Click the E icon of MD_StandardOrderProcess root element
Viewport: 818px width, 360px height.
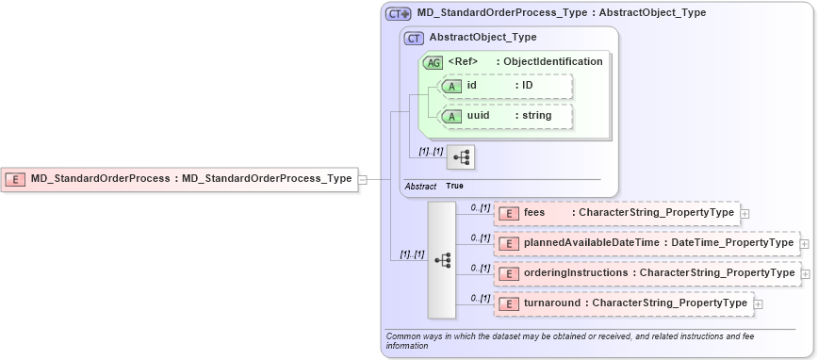(15, 178)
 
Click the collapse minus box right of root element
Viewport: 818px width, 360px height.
(363, 178)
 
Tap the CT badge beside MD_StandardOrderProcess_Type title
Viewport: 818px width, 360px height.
(398, 13)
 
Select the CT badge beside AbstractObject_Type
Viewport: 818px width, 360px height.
(414, 38)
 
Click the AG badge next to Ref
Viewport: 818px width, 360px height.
(434, 62)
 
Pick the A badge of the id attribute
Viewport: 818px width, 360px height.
(452, 86)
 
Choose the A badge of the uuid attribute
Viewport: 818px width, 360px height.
(452, 116)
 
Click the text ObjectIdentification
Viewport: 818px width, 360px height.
(553, 62)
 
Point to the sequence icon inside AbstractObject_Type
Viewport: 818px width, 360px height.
(461, 156)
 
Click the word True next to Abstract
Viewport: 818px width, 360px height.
(455, 187)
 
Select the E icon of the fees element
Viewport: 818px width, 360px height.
(508, 213)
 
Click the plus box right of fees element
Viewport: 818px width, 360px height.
(745, 214)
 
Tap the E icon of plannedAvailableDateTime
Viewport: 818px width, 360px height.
(508, 243)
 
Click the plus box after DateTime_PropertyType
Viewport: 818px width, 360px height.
(804, 244)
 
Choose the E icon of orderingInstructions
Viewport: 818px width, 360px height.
(508, 273)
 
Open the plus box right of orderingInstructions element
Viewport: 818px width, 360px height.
(804, 274)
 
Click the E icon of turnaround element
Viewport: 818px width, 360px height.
(508, 303)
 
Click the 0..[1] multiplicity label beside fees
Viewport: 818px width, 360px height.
(481, 207)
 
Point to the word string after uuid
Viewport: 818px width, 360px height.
(537, 116)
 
